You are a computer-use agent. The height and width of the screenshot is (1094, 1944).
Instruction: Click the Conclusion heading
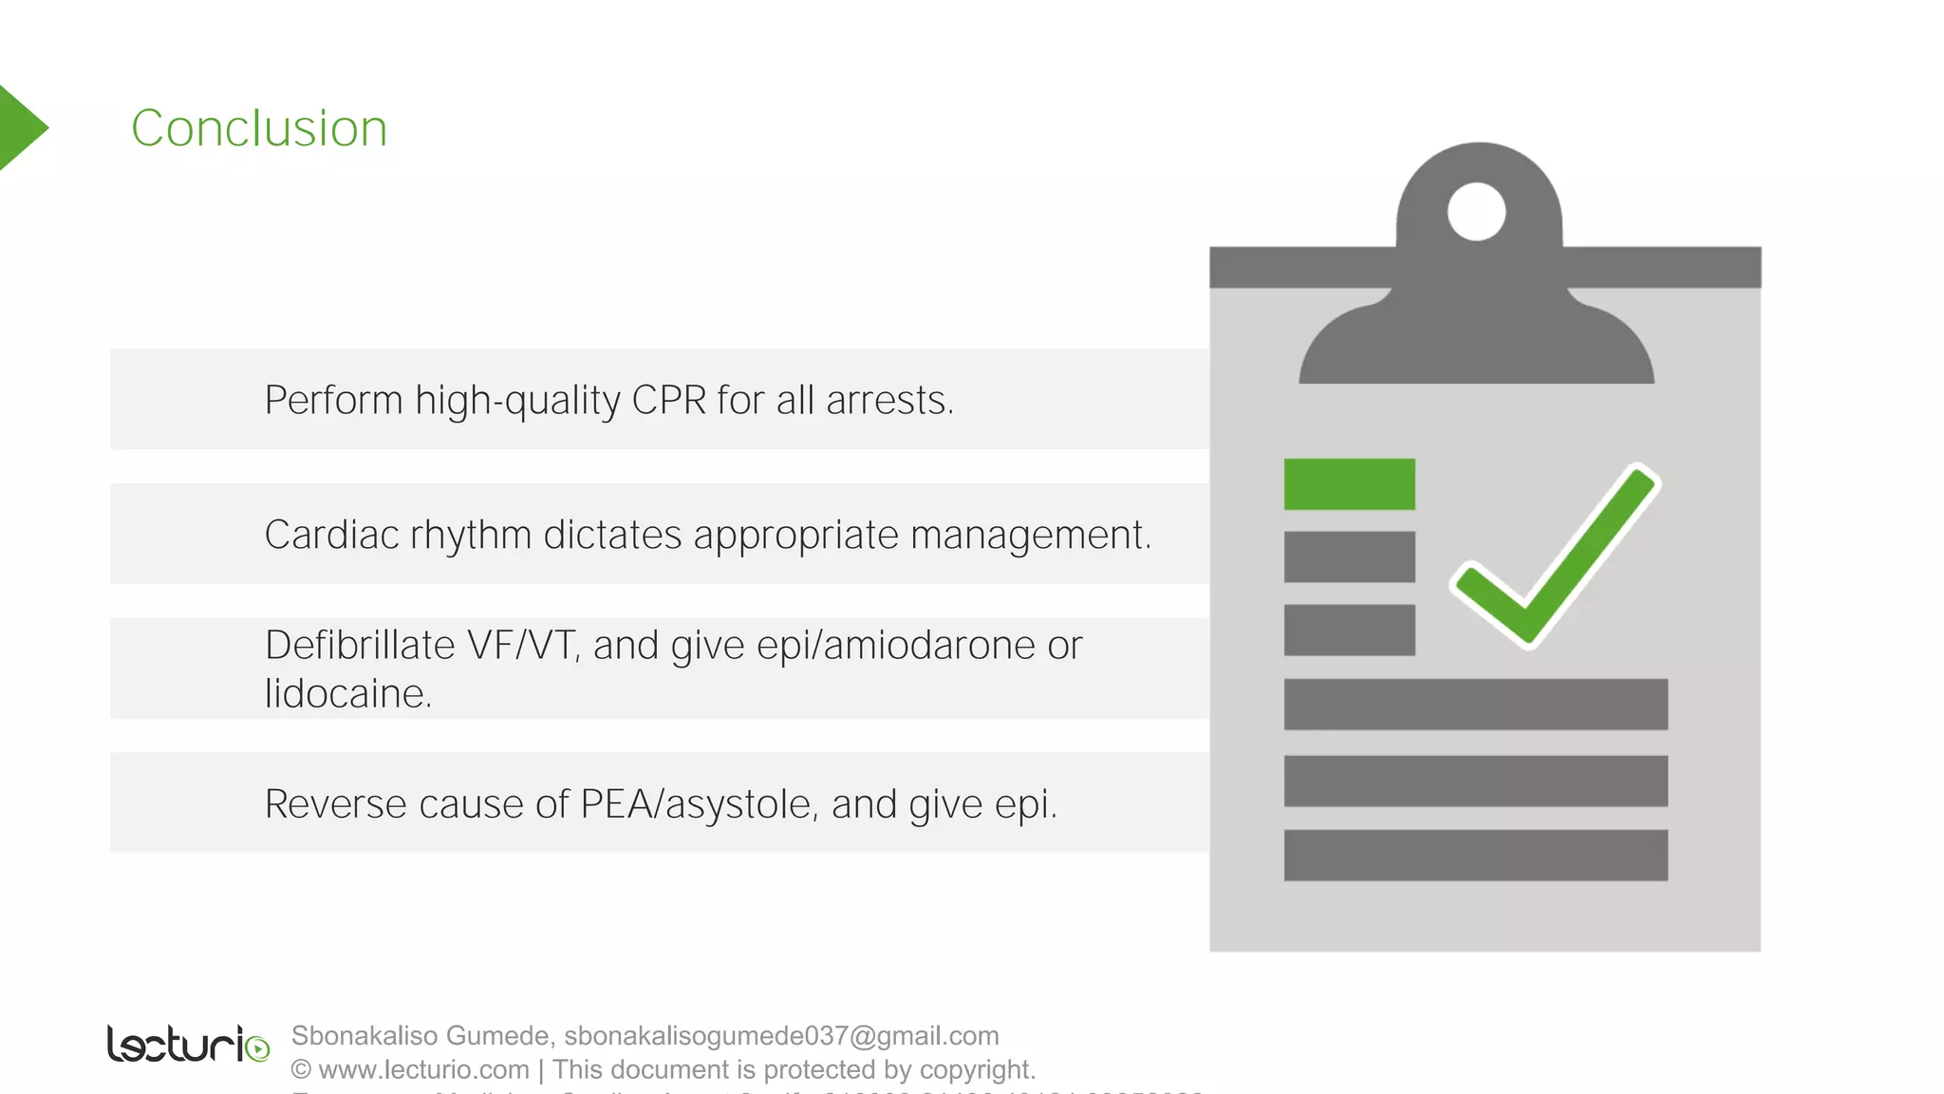coord(259,128)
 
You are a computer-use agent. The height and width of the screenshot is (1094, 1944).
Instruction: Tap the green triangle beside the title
coord(21,128)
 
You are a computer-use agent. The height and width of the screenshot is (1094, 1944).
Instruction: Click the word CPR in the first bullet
coord(669,400)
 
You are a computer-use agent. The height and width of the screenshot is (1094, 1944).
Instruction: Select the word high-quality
coord(517,401)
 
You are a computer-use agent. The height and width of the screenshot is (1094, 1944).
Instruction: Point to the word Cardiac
coord(332,535)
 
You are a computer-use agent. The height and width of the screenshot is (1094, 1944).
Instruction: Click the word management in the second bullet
coord(1030,536)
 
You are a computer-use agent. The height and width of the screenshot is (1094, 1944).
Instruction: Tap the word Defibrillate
coord(360,646)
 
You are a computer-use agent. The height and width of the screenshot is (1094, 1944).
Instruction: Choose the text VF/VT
coord(520,646)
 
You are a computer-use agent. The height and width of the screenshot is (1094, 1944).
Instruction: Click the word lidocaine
coord(347,694)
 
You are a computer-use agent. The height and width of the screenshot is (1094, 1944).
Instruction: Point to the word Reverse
coord(336,804)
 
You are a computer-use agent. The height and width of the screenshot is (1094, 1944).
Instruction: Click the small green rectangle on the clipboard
coord(1349,484)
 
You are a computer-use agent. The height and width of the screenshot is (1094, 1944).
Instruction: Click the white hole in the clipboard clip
coord(1476,211)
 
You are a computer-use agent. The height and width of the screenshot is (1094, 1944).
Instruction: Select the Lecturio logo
coord(188,1044)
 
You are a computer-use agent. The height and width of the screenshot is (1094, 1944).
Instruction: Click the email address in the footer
coord(781,1035)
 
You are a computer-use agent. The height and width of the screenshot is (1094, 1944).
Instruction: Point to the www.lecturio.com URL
coord(423,1069)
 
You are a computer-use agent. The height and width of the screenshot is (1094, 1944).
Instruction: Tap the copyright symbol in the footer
coord(301,1069)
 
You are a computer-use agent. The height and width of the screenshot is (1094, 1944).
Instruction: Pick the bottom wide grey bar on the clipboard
coord(1475,855)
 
